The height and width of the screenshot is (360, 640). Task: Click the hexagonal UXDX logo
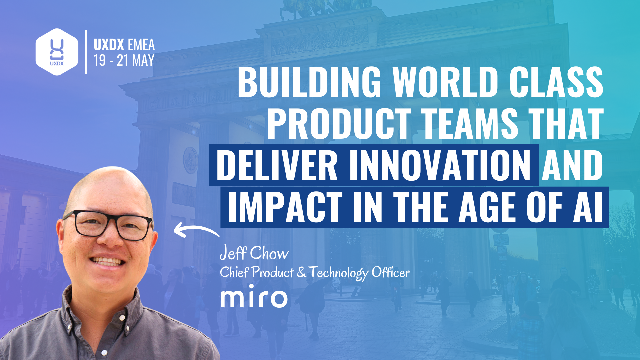pyautogui.click(x=57, y=52)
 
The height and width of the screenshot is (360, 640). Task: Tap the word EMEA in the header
pyautogui.click(x=141, y=45)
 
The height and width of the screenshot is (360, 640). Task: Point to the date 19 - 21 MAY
pyautogui.click(x=124, y=60)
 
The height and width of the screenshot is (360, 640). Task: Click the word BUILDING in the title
pyautogui.click(x=309, y=82)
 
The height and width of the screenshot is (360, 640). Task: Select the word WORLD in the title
pyautogui.click(x=445, y=82)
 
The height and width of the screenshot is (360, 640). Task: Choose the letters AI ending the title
pyautogui.click(x=588, y=207)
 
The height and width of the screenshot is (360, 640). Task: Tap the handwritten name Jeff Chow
pyautogui.click(x=254, y=253)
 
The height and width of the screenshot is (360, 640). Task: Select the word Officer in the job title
pyautogui.click(x=390, y=273)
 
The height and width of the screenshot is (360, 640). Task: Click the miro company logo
pyautogui.click(x=254, y=297)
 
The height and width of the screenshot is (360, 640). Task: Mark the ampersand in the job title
pyautogui.click(x=301, y=272)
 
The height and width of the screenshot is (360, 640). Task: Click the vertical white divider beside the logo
pyautogui.click(x=86, y=52)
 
